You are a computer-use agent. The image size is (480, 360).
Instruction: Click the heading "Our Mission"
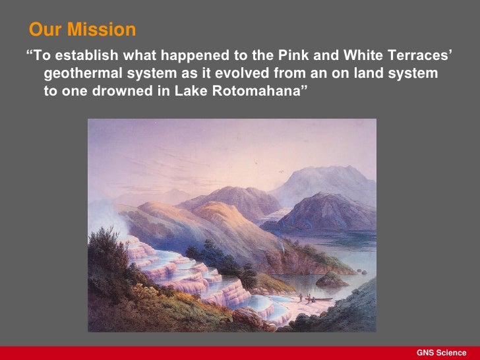pos(82,30)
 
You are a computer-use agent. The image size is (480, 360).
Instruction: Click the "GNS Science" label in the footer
pos(441,353)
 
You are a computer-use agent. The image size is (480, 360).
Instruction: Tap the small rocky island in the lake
pos(331,280)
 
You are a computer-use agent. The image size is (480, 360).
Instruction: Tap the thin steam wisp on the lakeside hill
pos(284,244)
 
